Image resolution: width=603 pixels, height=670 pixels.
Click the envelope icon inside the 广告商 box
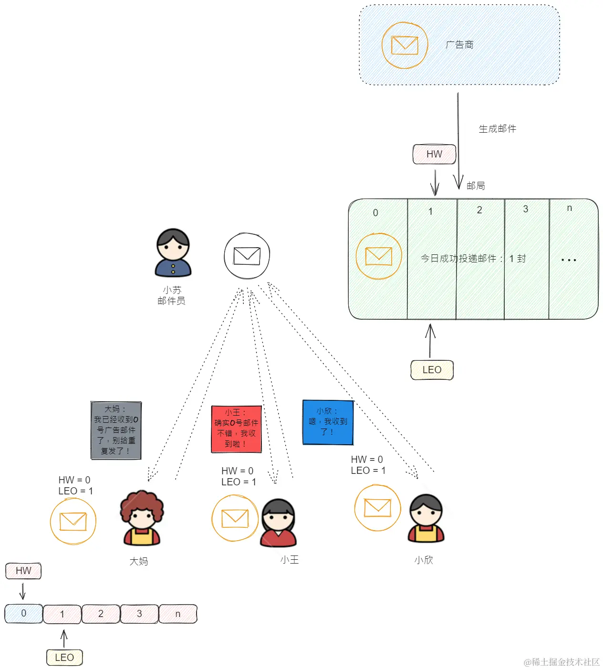click(x=405, y=45)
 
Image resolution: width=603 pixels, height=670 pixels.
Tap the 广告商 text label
click(x=459, y=45)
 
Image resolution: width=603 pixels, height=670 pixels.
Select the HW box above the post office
click(x=434, y=154)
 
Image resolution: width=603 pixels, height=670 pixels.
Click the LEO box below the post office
click(x=432, y=370)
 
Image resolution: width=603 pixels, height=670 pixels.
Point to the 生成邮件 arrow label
click(x=497, y=129)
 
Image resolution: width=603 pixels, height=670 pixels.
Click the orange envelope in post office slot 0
click(x=379, y=256)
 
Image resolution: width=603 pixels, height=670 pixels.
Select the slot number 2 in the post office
click(x=479, y=210)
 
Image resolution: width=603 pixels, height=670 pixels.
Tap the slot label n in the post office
click(x=569, y=208)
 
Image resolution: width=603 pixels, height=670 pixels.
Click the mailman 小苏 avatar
click(x=173, y=253)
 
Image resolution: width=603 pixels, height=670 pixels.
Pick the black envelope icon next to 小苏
click(x=247, y=256)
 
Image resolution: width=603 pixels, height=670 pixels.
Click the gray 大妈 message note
click(x=116, y=430)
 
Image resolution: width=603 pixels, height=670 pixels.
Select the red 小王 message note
click(x=236, y=429)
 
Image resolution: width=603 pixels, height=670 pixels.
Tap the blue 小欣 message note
click(x=328, y=422)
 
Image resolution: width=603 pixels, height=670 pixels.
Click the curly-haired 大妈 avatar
click(x=142, y=518)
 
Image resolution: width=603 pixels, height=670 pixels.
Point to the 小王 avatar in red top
click(x=279, y=523)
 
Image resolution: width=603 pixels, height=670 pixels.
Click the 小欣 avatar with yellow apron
click(x=426, y=518)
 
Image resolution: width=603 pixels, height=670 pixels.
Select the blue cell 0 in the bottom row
click(x=23, y=614)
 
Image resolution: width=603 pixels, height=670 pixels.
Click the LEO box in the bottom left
click(x=64, y=658)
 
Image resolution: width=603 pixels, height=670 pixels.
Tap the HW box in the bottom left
click(x=23, y=571)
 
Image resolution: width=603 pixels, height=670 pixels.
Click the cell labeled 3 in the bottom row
click(x=139, y=614)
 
